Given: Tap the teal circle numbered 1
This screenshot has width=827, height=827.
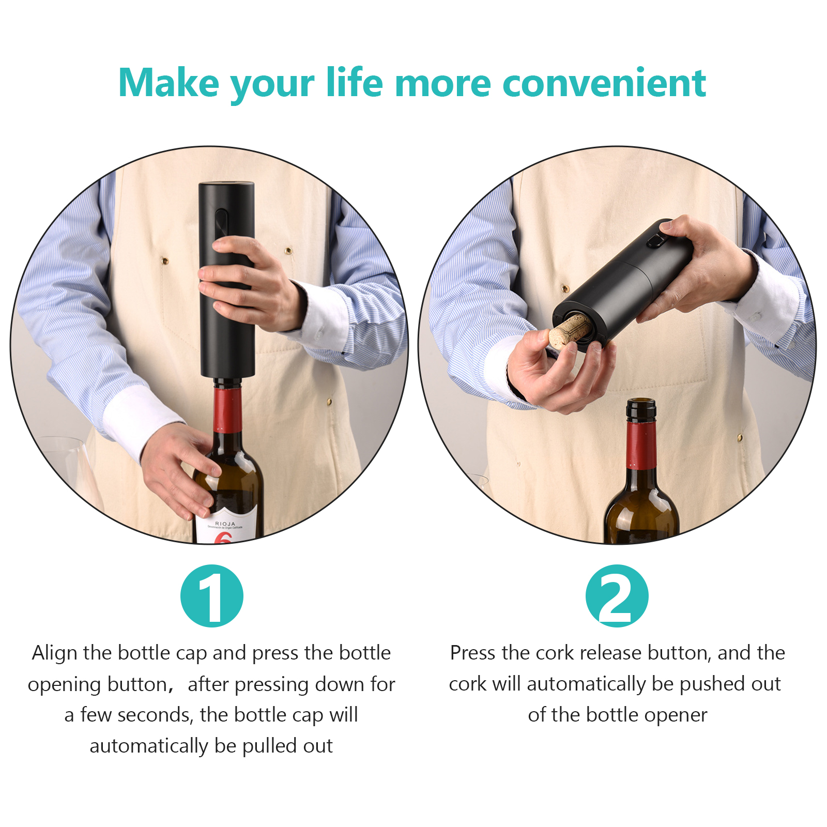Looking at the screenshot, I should (x=212, y=595).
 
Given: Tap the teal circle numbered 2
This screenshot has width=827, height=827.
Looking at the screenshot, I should (x=617, y=595).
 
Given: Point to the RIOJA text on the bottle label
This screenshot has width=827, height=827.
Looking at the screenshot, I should (x=225, y=524).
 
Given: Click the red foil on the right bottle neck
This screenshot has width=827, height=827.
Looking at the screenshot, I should (x=641, y=445).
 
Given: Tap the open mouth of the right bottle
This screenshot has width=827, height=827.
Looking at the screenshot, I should (x=641, y=402).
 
